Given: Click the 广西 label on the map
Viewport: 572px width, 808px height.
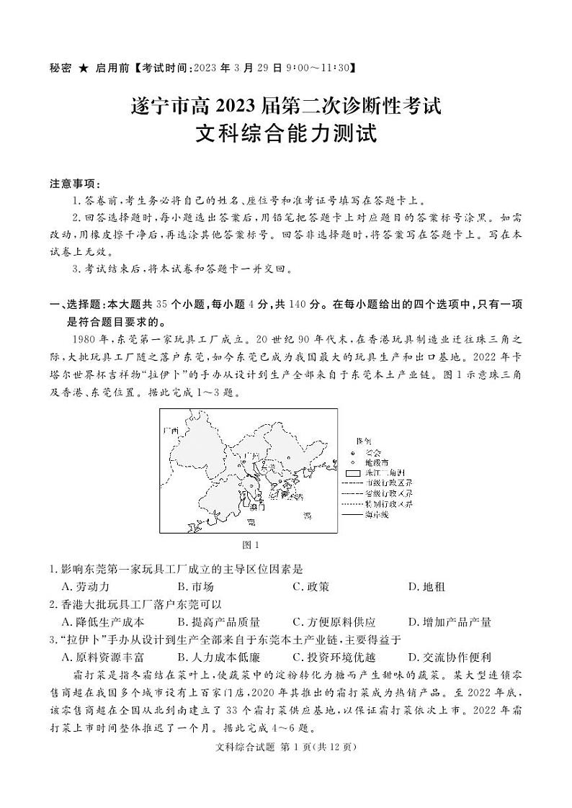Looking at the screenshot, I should click(x=170, y=430).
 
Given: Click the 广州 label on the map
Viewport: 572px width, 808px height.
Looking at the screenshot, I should click(x=250, y=456).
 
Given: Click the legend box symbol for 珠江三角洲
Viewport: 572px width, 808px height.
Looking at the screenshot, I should click(x=352, y=472).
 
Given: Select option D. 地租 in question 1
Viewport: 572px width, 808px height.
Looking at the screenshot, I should click(x=426, y=586).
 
